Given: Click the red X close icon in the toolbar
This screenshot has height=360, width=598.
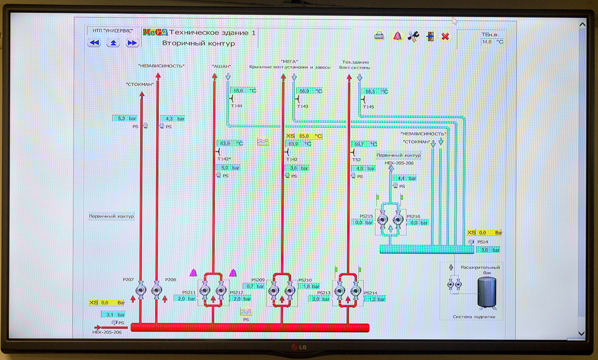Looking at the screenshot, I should [x=445, y=37].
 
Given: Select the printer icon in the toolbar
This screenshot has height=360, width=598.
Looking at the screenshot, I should [x=379, y=36].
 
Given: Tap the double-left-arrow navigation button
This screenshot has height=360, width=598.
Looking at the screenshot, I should [x=94, y=43].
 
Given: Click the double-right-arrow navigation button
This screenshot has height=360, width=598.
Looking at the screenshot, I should [x=132, y=43].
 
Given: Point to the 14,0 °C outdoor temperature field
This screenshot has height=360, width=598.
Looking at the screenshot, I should [x=492, y=42].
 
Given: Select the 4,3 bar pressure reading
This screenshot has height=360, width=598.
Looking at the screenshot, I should [x=173, y=118].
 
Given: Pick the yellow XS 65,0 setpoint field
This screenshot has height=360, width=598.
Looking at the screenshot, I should [x=304, y=136].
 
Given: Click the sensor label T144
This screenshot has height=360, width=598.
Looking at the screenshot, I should [x=236, y=106].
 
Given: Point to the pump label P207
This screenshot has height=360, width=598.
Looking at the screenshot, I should [x=128, y=280].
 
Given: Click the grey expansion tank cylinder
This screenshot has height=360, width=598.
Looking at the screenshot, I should [x=485, y=292].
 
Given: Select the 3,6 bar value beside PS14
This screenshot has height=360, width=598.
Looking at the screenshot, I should [x=489, y=250].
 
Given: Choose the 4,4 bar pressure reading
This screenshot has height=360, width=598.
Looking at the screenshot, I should [x=405, y=178].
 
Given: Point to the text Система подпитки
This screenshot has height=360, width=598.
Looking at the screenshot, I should [x=474, y=317].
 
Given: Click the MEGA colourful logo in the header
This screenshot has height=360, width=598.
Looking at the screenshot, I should [x=155, y=33].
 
